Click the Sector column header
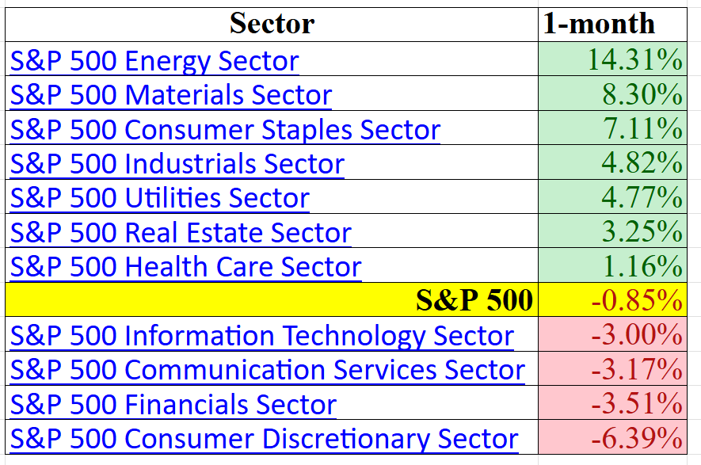(272, 24)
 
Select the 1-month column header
(599, 24)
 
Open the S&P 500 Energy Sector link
(154, 61)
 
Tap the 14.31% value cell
(634, 60)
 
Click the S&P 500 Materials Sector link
(171, 95)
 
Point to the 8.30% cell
(642, 95)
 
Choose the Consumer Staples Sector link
(225, 129)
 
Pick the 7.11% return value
(642, 129)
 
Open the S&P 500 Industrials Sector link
(177, 164)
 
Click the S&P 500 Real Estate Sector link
(181, 233)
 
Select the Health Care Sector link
(186, 267)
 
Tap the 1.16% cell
(642, 267)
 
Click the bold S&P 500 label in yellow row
(474, 301)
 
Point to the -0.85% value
(637, 301)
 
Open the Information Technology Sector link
(262, 336)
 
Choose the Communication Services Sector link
(268, 370)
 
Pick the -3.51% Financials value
(637, 404)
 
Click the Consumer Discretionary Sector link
(265, 439)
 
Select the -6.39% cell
(637, 438)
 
